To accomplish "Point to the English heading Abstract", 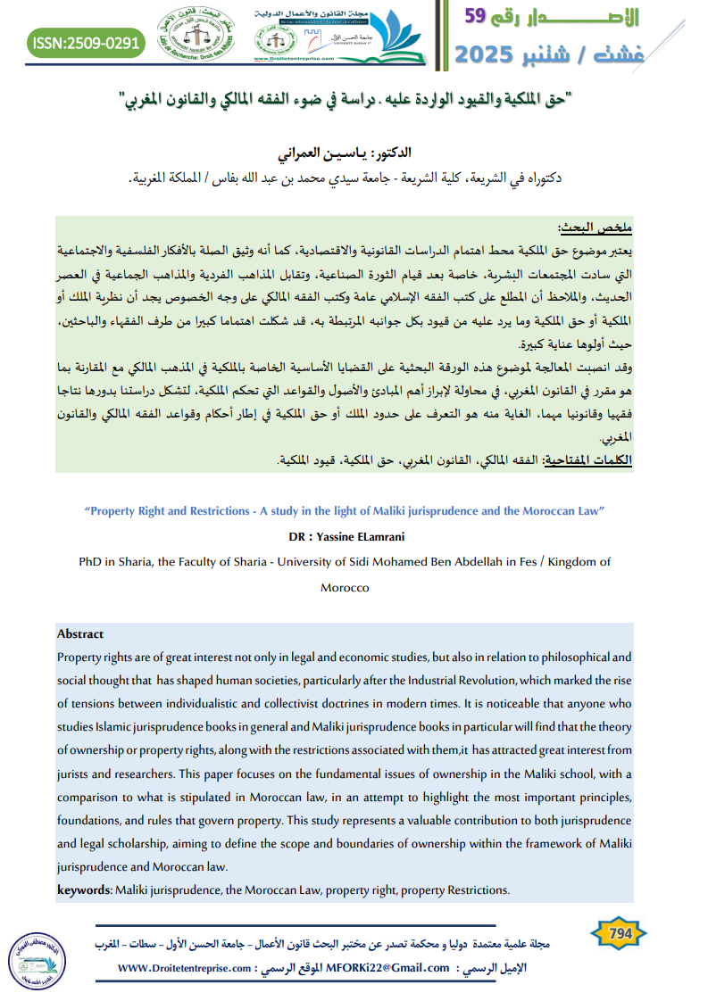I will click(80, 634).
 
